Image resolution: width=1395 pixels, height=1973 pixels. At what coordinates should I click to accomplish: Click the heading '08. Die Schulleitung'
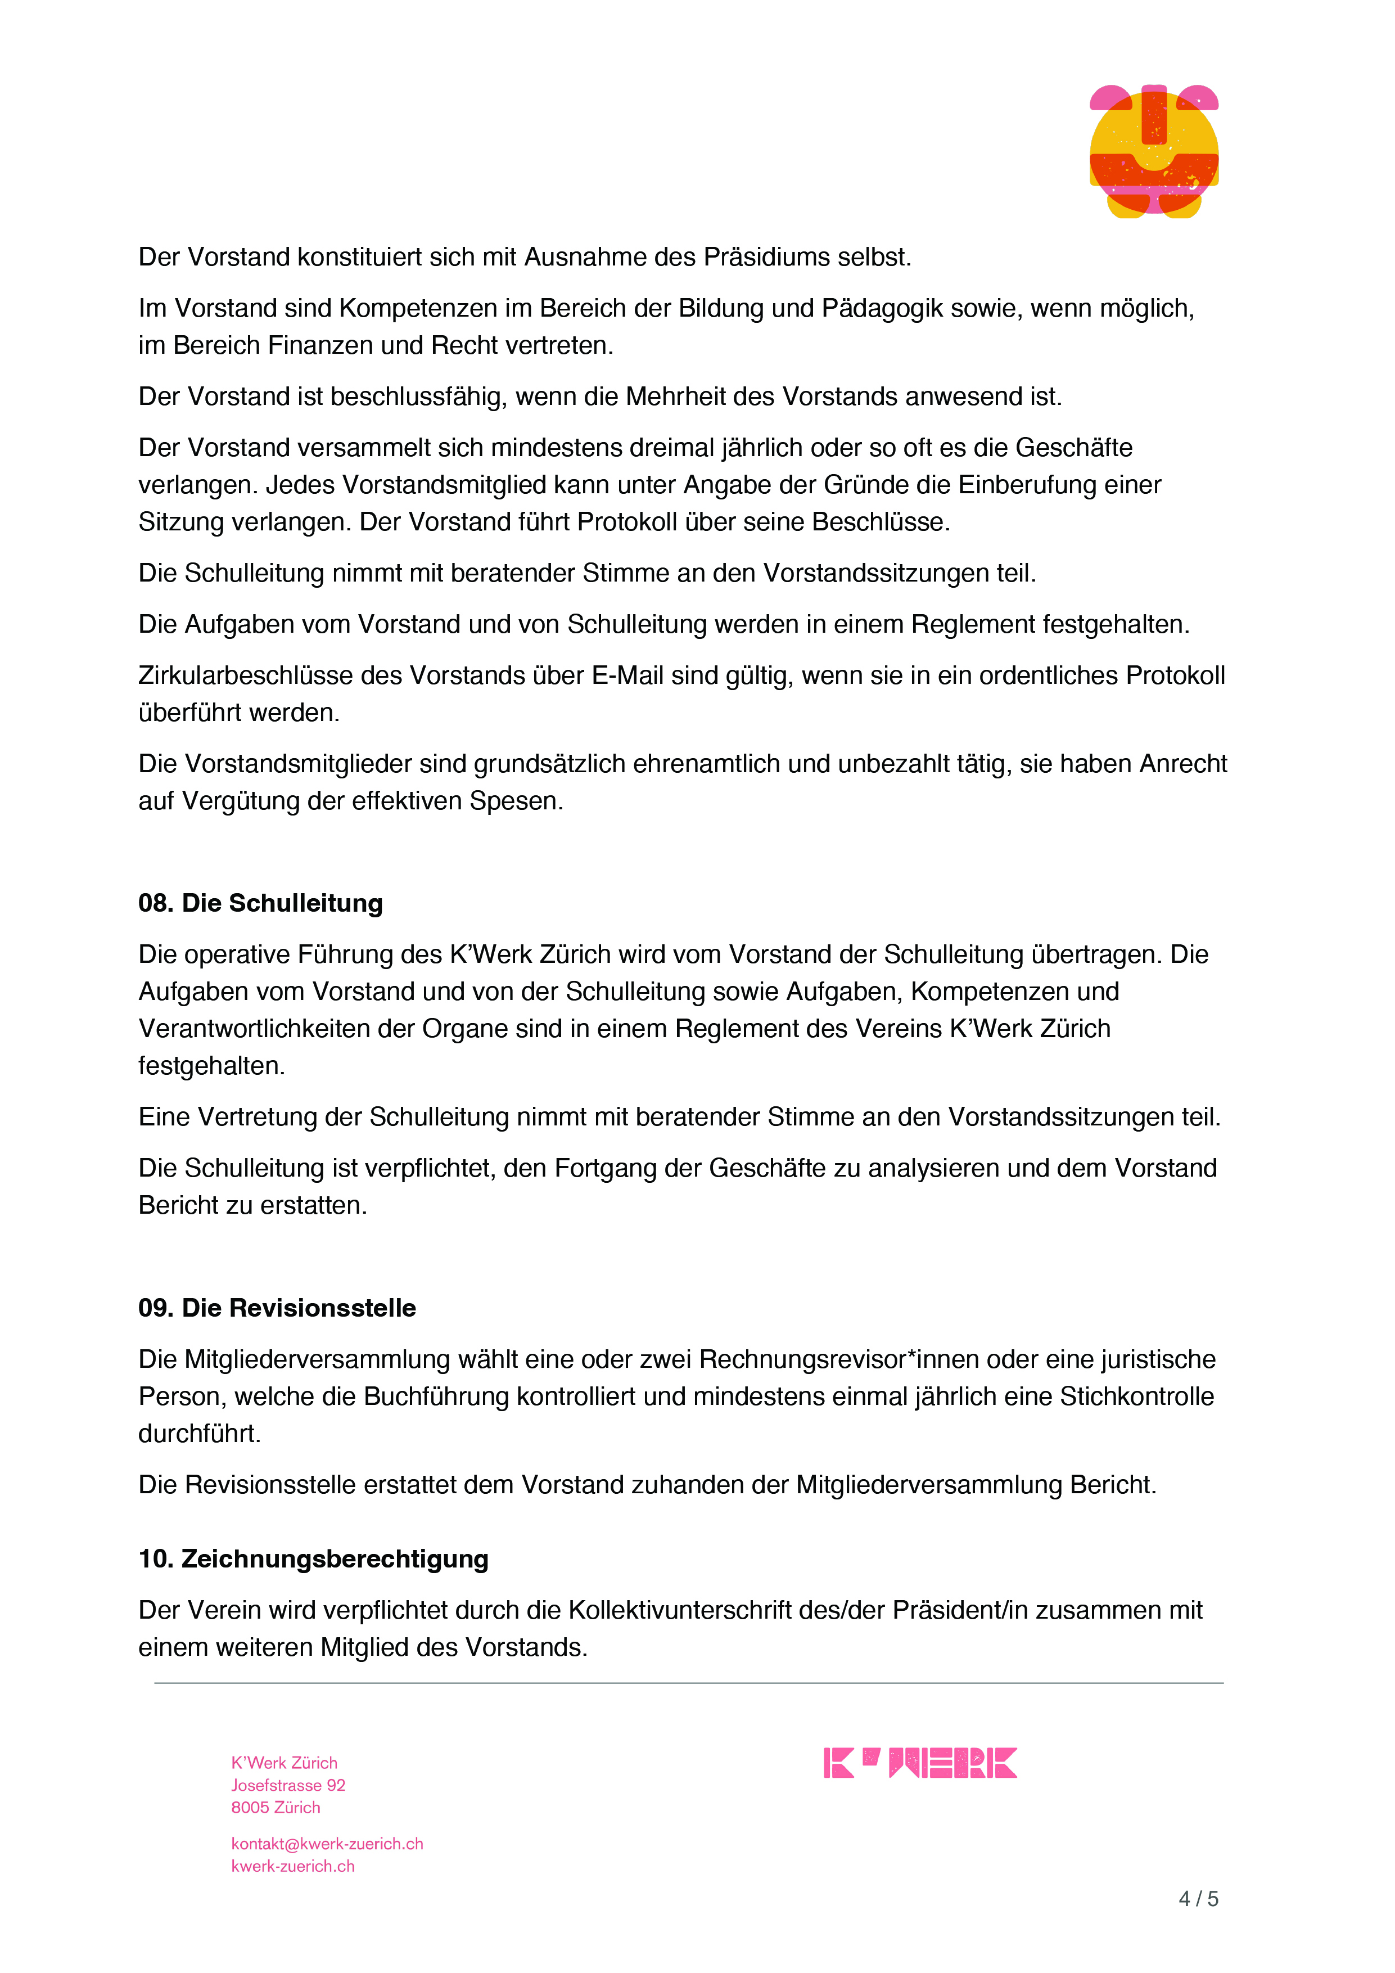[x=260, y=903]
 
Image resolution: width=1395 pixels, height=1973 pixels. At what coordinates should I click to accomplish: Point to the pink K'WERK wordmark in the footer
[x=919, y=1763]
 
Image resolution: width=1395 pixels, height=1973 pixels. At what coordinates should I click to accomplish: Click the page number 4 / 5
[x=1198, y=1899]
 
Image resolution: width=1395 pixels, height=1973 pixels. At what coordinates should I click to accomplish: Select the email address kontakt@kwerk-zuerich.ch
[x=327, y=1844]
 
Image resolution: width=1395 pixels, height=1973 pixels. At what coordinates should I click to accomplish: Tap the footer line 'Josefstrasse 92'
[x=288, y=1786]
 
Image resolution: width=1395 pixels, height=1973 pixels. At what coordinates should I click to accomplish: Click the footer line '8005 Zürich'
[x=275, y=1808]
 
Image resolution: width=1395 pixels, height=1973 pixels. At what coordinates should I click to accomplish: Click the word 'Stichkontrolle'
[x=1136, y=1397]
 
